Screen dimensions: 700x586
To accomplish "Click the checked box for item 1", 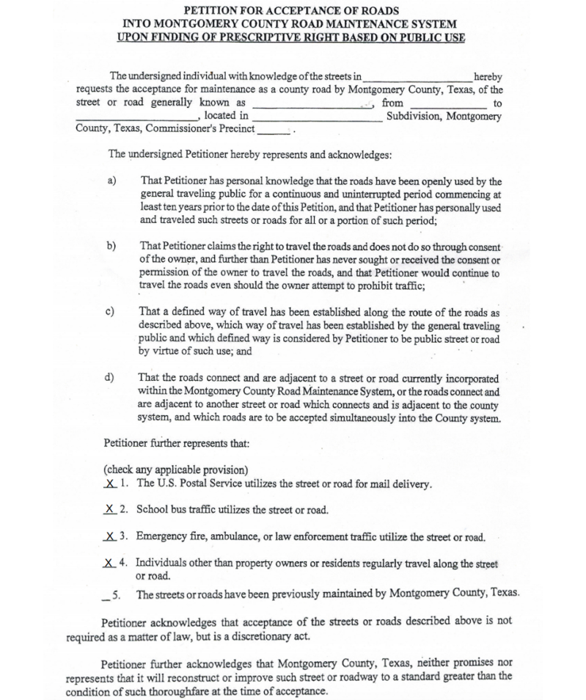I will pyautogui.click(x=110, y=484).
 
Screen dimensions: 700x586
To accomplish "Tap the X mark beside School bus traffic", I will pyautogui.click(x=110, y=509).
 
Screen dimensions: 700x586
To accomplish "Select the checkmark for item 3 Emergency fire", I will pyautogui.click(x=110, y=536).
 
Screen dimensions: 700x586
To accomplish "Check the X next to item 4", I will pyautogui.click(x=110, y=564).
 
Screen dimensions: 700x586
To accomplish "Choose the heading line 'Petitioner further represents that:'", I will pyautogui.click(x=174, y=443).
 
